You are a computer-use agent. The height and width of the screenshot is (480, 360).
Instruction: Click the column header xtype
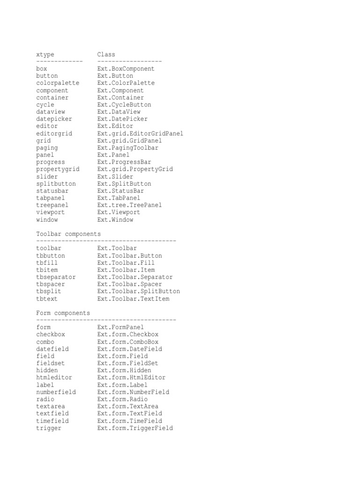point(45,54)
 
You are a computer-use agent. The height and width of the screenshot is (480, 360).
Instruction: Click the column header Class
point(106,54)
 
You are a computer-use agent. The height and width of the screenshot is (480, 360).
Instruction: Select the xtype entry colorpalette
point(58,83)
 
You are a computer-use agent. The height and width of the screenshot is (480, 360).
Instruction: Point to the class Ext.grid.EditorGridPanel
point(140,133)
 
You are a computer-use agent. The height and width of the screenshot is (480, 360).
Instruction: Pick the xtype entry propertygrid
point(58,169)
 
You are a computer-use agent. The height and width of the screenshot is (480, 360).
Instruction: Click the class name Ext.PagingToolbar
point(127,148)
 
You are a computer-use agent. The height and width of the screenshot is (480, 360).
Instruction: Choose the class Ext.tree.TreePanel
point(129,205)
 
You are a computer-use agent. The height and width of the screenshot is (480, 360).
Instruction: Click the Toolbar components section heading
point(68,233)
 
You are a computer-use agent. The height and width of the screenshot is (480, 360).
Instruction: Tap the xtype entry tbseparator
point(56,277)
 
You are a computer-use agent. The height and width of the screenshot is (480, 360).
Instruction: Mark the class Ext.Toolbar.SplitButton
point(138,291)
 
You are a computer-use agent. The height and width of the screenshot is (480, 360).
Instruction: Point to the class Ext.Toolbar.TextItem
point(133,299)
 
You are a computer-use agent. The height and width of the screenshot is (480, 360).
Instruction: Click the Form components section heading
point(63,313)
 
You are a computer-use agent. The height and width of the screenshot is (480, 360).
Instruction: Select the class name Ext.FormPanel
point(120,327)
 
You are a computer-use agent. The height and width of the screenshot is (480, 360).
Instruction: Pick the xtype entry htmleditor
point(54,377)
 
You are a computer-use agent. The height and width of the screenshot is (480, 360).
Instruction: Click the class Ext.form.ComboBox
point(127,342)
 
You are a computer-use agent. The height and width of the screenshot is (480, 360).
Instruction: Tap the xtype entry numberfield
point(56,392)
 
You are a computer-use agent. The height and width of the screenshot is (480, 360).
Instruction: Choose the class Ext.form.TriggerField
point(135,428)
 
